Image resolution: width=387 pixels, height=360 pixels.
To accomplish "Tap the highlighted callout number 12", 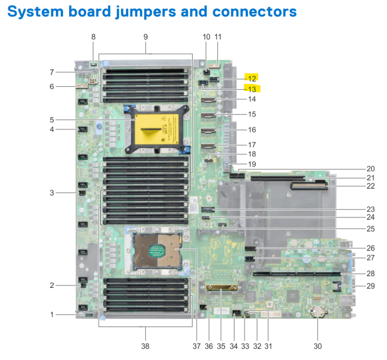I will click(252, 78).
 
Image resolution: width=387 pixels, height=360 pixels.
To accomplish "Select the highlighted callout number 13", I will click(252, 89).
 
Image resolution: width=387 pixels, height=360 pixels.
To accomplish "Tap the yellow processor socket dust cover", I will click(159, 127).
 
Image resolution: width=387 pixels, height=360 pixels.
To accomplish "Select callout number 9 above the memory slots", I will click(146, 37).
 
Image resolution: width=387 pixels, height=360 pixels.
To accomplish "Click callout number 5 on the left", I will click(53, 120).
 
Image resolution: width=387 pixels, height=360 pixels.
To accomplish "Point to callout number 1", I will click(53, 314).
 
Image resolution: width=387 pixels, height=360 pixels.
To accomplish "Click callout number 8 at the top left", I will click(93, 37).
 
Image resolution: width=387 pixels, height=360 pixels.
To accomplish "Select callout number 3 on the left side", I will click(53, 193).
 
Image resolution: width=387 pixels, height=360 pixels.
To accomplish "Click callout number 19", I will click(252, 164).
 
